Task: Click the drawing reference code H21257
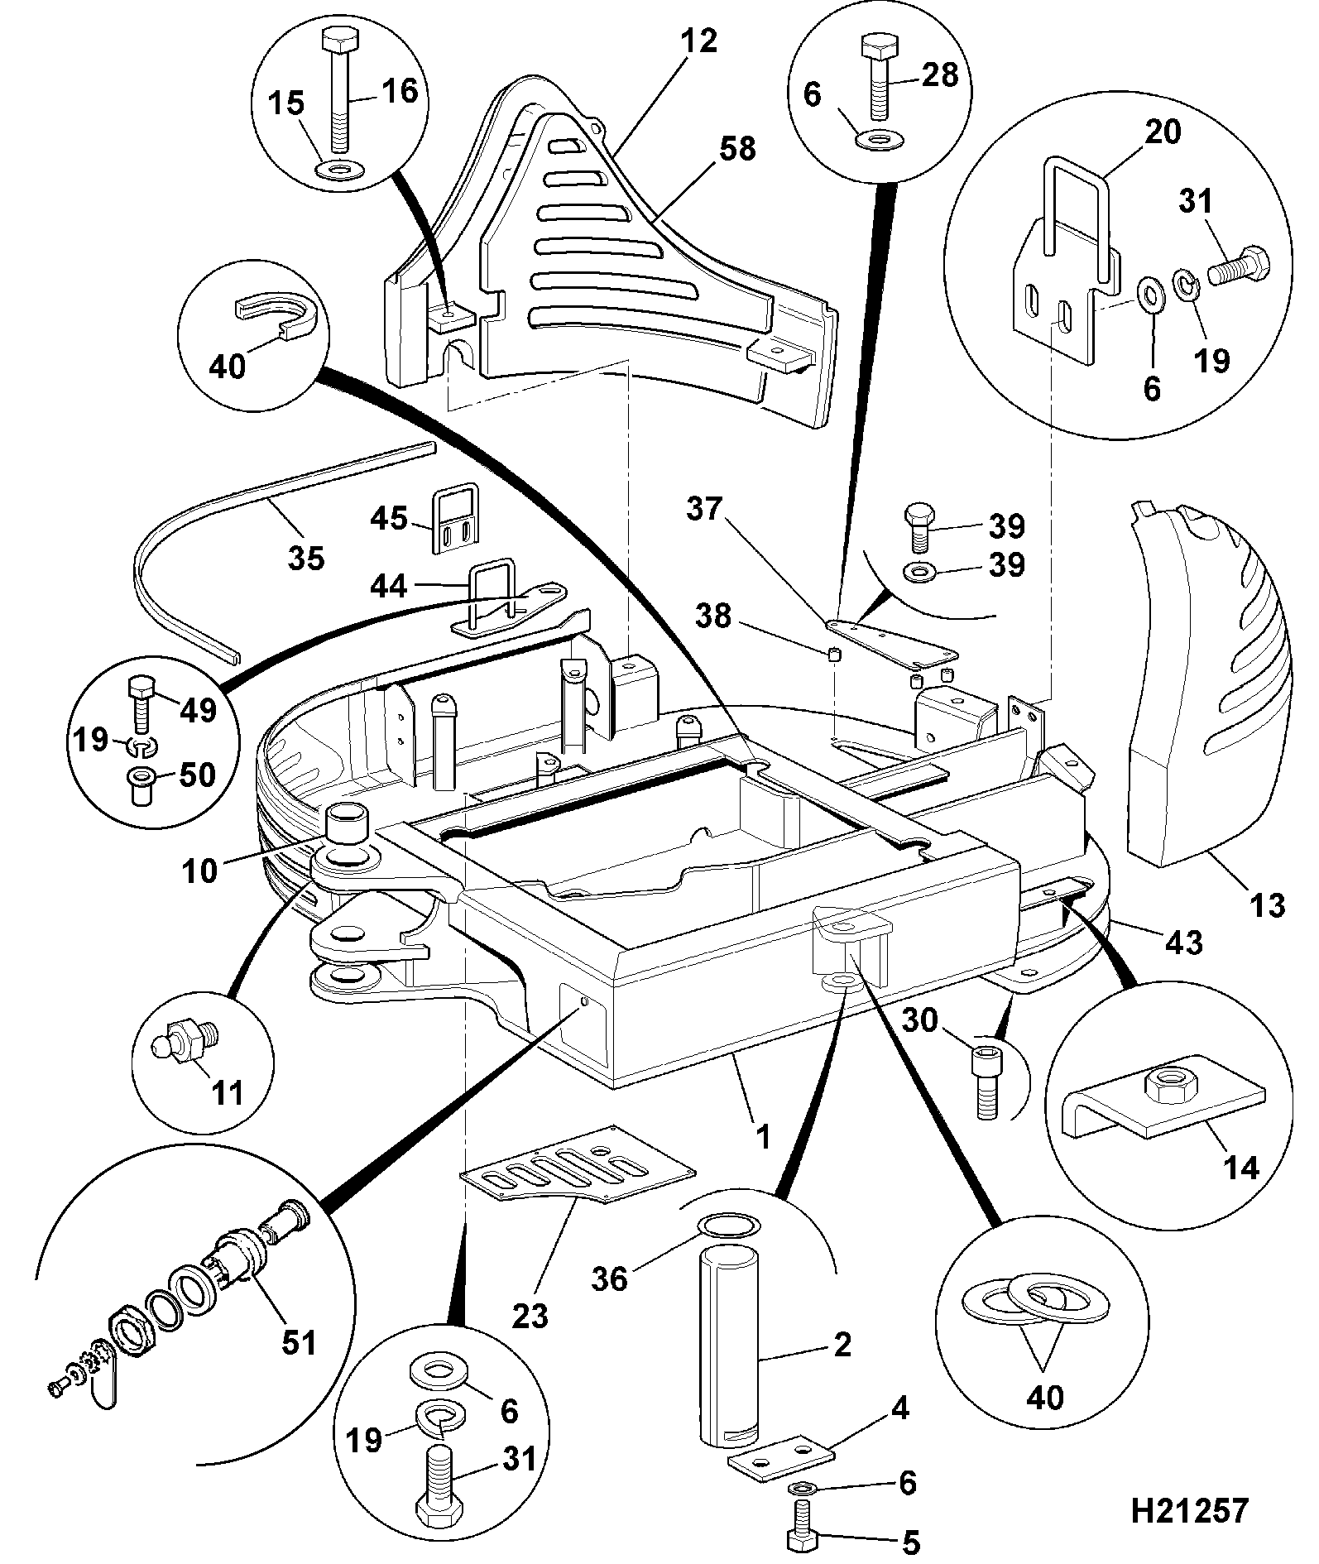pos(1189,1510)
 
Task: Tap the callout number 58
pos(737,149)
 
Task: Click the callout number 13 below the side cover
pos(1267,904)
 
